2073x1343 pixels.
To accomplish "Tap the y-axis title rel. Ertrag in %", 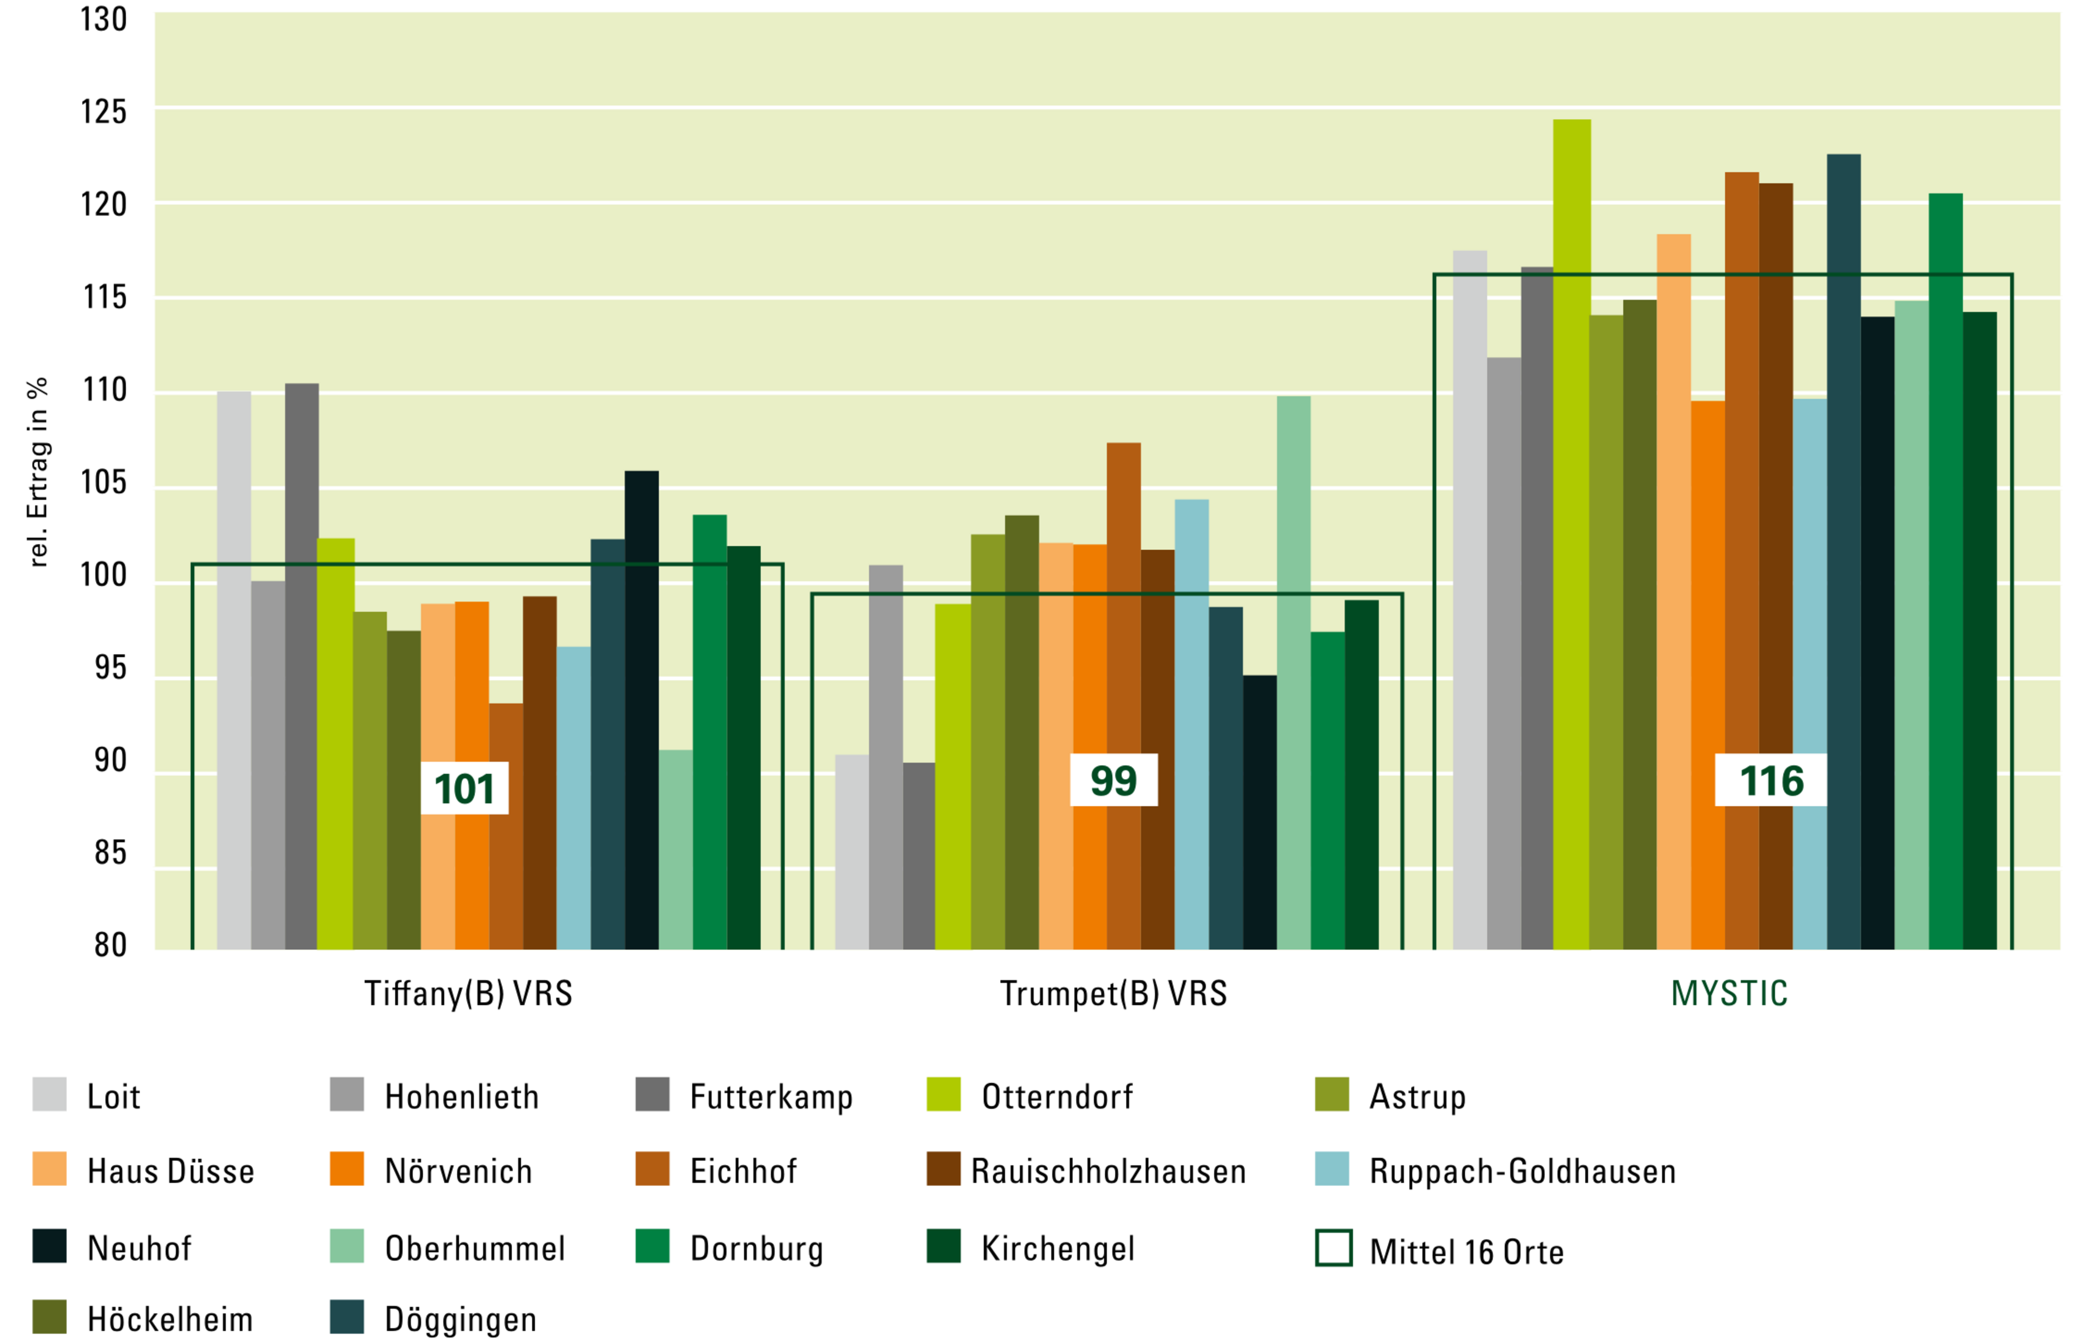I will click(37, 472).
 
